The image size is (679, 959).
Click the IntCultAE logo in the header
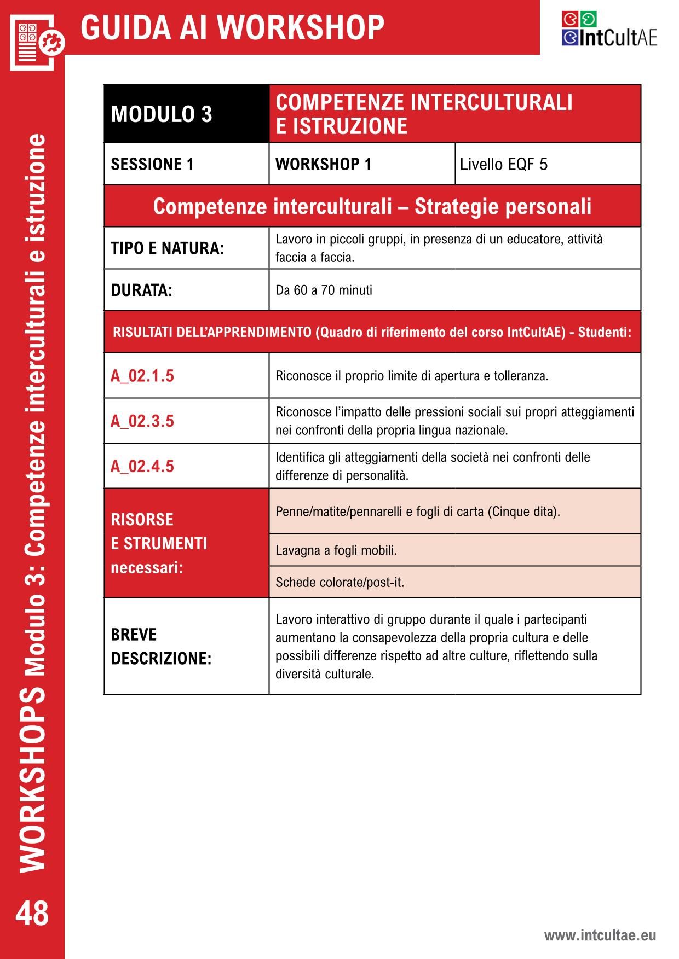pyautogui.click(x=609, y=30)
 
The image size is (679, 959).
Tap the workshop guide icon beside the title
pyautogui.click(x=36, y=42)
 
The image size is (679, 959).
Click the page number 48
pyautogui.click(x=32, y=914)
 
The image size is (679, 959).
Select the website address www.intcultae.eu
pyautogui.click(x=600, y=935)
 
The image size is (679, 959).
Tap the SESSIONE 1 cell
pyautogui.click(x=153, y=164)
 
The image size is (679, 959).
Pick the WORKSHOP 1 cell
pyautogui.click(x=323, y=164)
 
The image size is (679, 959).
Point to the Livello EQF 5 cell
pyautogui.click(x=504, y=164)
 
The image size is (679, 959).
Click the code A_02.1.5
pyautogui.click(x=142, y=376)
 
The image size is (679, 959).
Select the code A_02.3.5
pyautogui.click(x=142, y=421)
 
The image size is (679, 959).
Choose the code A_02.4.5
pyautogui.click(x=142, y=466)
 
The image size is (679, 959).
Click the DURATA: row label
pyautogui.click(x=142, y=290)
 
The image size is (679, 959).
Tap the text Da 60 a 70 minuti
pyautogui.click(x=324, y=290)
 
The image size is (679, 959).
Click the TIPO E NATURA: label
pyautogui.click(x=168, y=248)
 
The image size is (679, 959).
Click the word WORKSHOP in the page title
pyautogui.click(x=304, y=27)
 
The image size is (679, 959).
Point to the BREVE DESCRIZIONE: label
pyautogui.click(x=161, y=646)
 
